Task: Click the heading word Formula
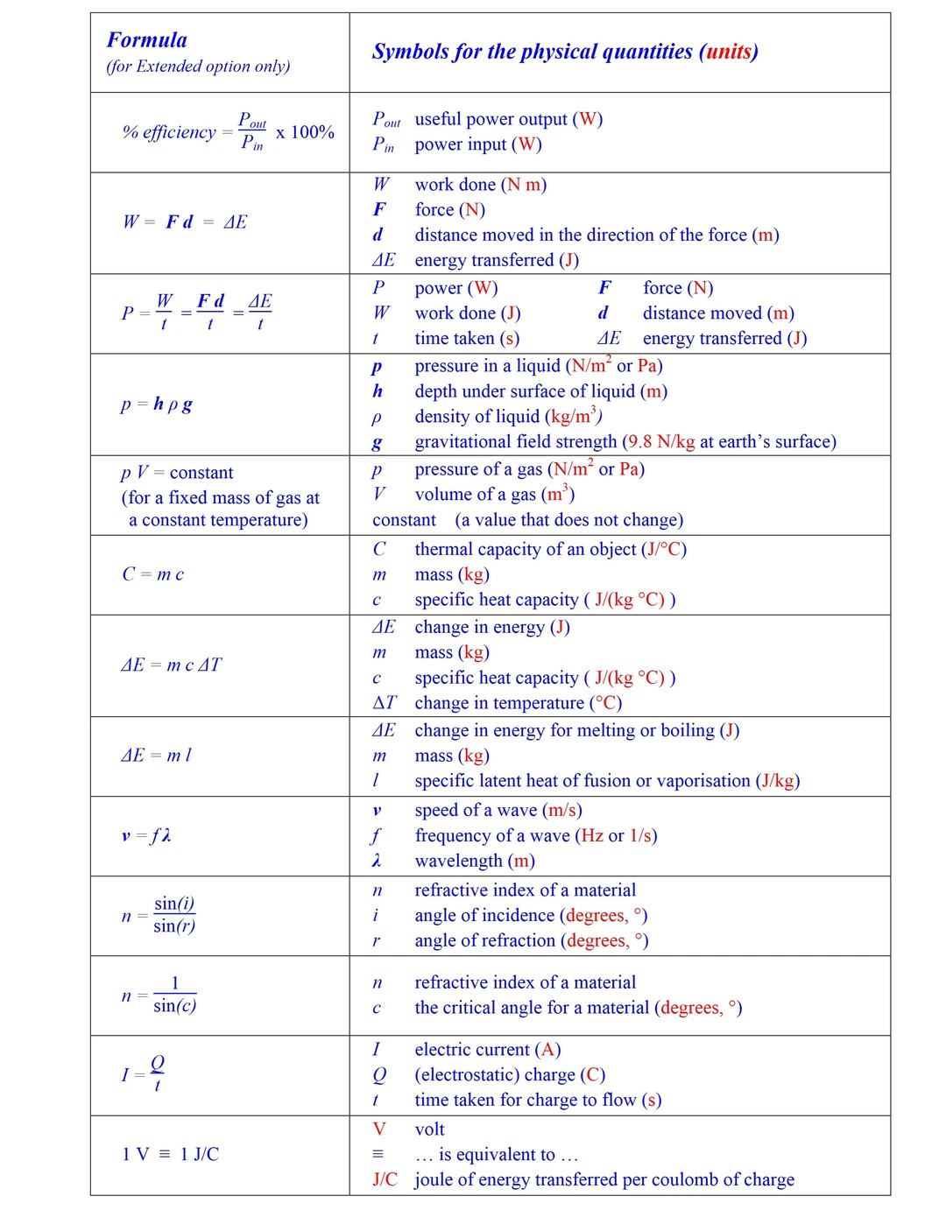(146, 40)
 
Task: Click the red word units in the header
(728, 52)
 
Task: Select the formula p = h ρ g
(157, 404)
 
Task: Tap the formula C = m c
(152, 574)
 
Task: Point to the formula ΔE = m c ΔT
(171, 665)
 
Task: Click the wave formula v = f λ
(146, 836)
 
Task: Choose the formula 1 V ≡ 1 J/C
(170, 1154)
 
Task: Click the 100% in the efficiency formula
(312, 132)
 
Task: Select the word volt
(429, 1129)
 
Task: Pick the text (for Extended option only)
(198, 67)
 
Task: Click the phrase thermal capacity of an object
(526, 549)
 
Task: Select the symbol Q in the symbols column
(379, 1075)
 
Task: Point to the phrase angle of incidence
(484, 916)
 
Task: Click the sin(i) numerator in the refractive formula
(174, 904)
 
